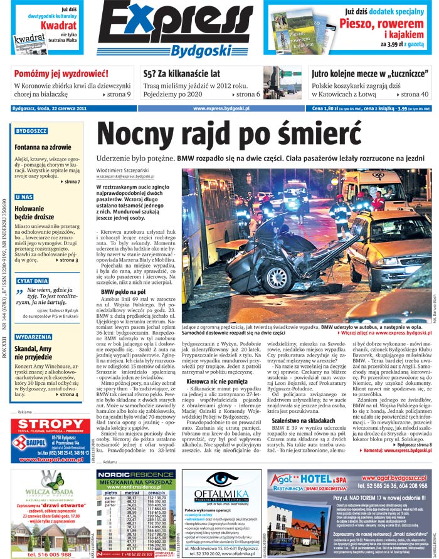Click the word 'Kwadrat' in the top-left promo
58,26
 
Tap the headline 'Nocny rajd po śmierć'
231,134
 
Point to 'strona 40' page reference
414,95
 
